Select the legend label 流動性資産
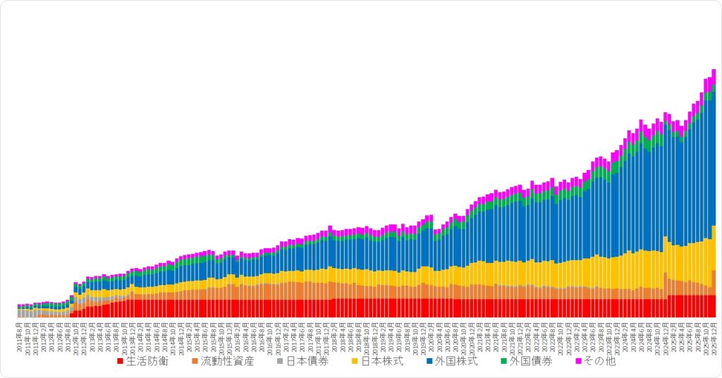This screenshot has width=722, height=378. point(227,362)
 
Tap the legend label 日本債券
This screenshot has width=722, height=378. point(307,362)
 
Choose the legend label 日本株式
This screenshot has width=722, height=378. point(381,362)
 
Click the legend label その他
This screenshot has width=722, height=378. point(600,362)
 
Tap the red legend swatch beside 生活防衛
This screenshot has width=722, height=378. point(121,362)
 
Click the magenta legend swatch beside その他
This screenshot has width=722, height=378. point(579,362)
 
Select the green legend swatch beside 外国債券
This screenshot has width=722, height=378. point(503,362)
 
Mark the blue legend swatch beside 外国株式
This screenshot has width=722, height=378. point(429,362)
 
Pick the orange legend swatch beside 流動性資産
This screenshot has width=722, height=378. point(195,362)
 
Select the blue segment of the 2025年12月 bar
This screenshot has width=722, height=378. point(714,155)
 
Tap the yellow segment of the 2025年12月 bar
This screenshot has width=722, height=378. point(714,247)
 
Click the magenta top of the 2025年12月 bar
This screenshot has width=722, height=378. point(714,73)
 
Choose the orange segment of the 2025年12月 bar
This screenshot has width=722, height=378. point(714,282)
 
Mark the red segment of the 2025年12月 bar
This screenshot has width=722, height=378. point(714,306)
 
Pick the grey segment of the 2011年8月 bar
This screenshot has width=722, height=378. point(20,313)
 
